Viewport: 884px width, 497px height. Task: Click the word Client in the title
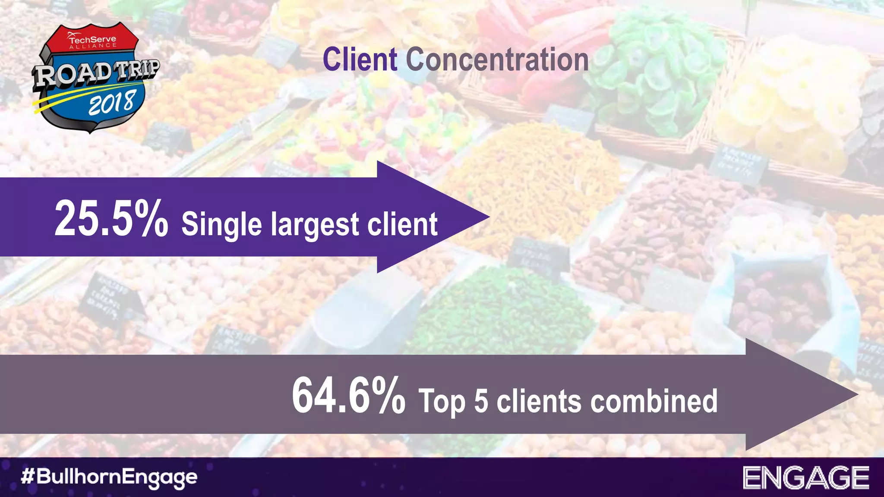[360, 60]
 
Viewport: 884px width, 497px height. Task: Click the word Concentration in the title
[497, 60]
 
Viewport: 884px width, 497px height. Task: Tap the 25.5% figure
[111, 218]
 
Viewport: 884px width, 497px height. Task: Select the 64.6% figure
[348, 395]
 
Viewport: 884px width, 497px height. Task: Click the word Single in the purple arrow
[221, 224]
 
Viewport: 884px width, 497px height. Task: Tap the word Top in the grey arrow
[442, 402]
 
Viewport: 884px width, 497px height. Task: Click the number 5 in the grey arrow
[481, 401]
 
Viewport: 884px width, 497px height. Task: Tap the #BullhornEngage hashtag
[109, 477]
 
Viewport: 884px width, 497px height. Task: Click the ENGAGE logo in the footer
[805, 478]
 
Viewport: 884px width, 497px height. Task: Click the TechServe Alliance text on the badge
[92, 41]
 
